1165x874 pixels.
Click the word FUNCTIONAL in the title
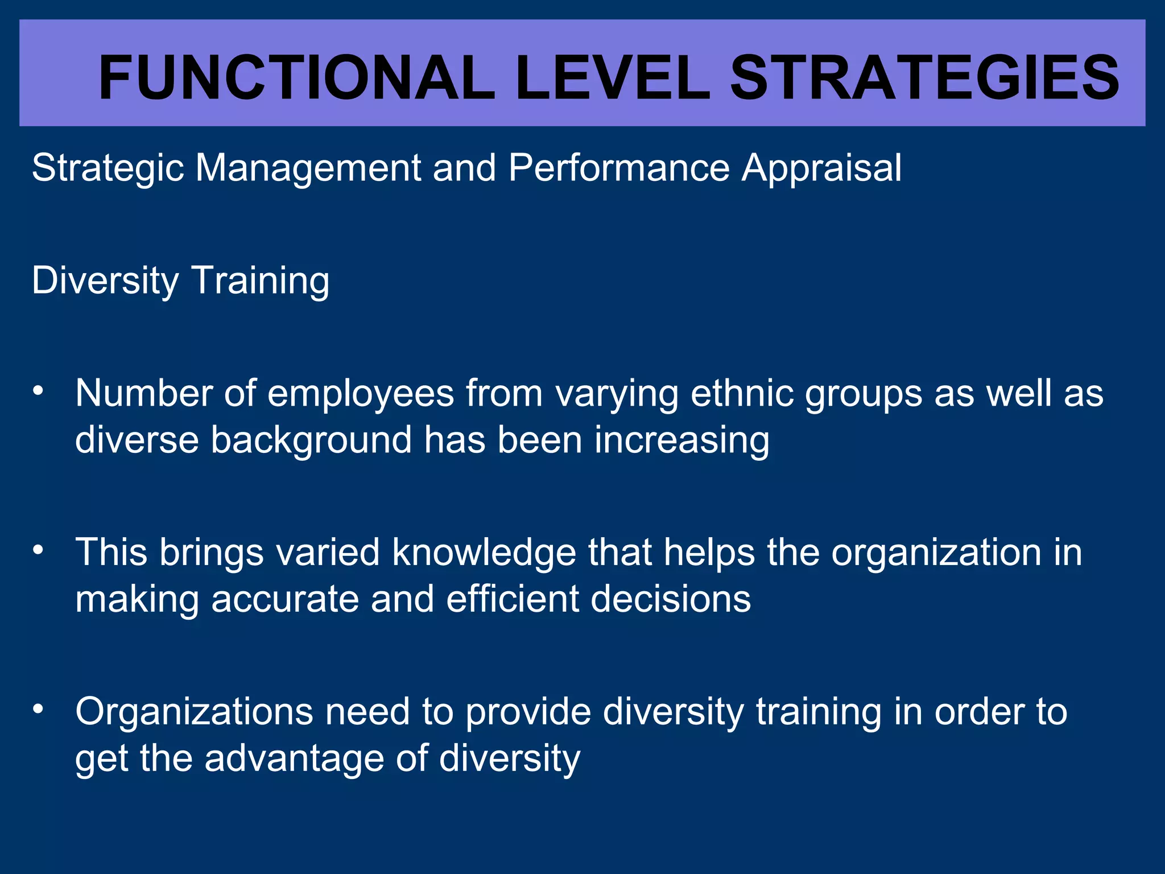[296, 78]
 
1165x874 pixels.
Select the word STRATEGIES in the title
[924, 78]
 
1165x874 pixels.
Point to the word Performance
[619, 168]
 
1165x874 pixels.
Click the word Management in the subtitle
[307, 168]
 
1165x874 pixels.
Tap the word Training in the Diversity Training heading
[261, 281]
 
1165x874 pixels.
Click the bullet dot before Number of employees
[38, 391]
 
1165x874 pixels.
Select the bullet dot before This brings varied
[38, 550]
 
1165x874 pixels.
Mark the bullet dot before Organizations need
[38, 709]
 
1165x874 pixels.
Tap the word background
[311, 440]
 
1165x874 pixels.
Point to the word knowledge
[484, 553]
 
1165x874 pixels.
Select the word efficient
[513, 599]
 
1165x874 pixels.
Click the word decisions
[671, 599]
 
